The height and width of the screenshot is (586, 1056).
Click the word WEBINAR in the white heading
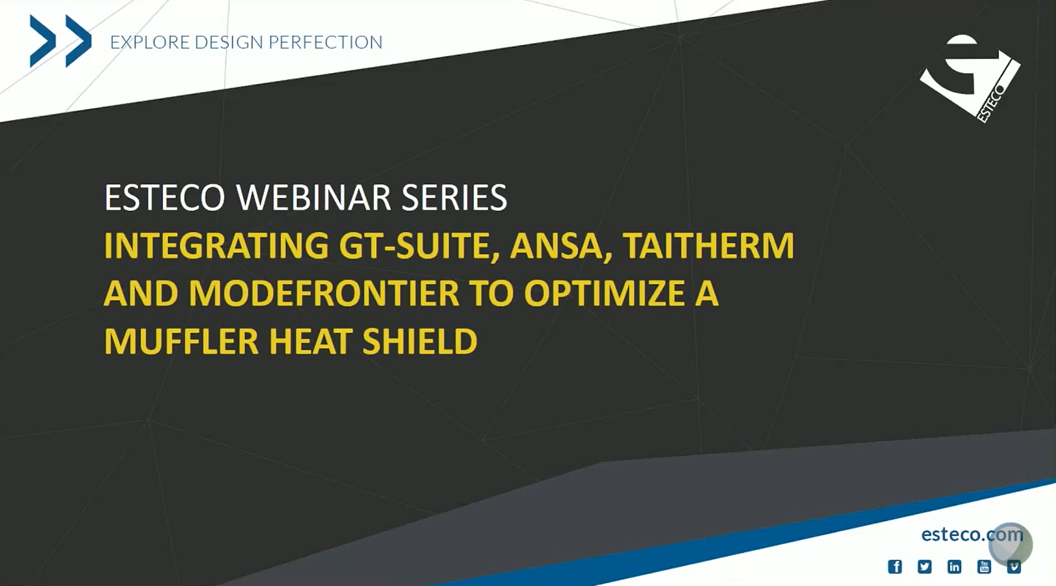tap(313, 198)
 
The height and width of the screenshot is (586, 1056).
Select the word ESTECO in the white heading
tap(165, 198)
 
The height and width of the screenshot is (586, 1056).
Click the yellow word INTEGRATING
tap(217, 246)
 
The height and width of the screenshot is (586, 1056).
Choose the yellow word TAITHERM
tap(708, 246)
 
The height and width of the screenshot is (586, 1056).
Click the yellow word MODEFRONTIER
tap(324, 294)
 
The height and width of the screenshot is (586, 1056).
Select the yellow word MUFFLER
tap(181, 342)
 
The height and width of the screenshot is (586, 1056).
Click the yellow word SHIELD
tap(420, 342)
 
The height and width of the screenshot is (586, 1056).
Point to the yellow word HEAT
tap(310, 342)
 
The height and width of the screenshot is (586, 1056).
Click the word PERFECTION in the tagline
tap(325, 42)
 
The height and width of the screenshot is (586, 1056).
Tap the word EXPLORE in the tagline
tap(150, 42)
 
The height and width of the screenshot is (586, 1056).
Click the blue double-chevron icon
tap(60, 41)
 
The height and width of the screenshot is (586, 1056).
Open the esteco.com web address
tap(972, 535)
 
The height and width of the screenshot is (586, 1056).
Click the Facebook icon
tap(895, 567)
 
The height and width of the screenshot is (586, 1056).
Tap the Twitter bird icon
tap(924, 567)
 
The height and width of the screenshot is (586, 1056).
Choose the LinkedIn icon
tap(954, 567)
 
